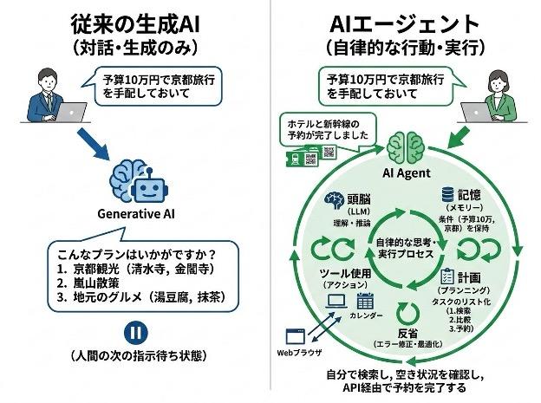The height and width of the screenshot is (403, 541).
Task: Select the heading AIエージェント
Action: pyautogui.click(x=407, y=22)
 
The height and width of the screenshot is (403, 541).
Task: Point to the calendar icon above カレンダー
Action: pyautogui.click(x=364, y=302)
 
